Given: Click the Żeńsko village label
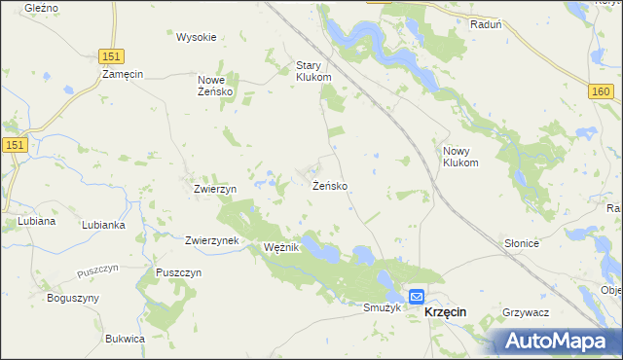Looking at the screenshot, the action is (330, 185).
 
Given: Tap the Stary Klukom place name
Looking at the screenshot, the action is (313, 71).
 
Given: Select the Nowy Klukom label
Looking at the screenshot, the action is (462, 157).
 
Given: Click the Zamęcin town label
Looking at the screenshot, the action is (124, 74).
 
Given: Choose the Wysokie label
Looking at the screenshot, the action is (196, 37).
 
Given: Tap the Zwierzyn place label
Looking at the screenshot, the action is (215, 189).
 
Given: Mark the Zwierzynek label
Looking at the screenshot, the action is (211, 240).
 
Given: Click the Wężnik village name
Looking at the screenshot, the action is (281, 248).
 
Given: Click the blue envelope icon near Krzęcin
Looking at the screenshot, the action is (417, 297).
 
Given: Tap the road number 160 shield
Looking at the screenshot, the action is (601, 90).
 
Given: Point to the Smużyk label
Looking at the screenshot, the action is (382, 307).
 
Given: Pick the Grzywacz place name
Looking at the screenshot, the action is (527, 312).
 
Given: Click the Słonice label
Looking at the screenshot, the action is (522, 244).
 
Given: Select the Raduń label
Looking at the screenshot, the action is (485, 25).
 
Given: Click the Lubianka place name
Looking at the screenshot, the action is (102, 224).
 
